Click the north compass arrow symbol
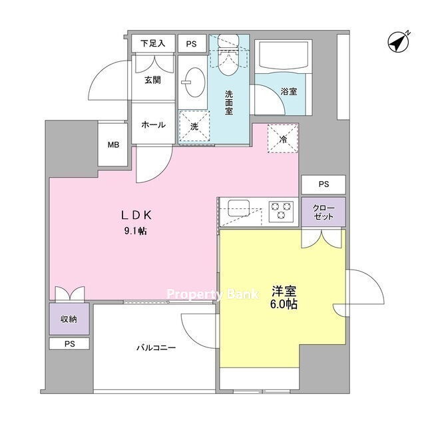click(399, 43)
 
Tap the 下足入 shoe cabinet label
click(153, 43)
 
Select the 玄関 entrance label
click(152, 80)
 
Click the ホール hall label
click(153, 124)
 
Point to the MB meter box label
click(113, 145)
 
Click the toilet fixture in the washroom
click(228, 55)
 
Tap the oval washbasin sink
click(194, 82)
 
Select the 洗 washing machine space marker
click(194, 126)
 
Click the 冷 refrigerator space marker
click(283, 139)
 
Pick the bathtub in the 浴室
click(283, 57)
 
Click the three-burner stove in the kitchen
click(281, 212)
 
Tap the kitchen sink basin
click(239, 208)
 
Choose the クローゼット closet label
click(323, 212)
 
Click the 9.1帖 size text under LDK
click(136, 231)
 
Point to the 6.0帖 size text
click(284, 304)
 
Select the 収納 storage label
click(69, 319)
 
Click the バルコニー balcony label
click(156, 347)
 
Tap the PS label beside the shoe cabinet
click(191, 44)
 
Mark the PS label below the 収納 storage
click(69, 344)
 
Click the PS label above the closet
click(323, 184)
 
